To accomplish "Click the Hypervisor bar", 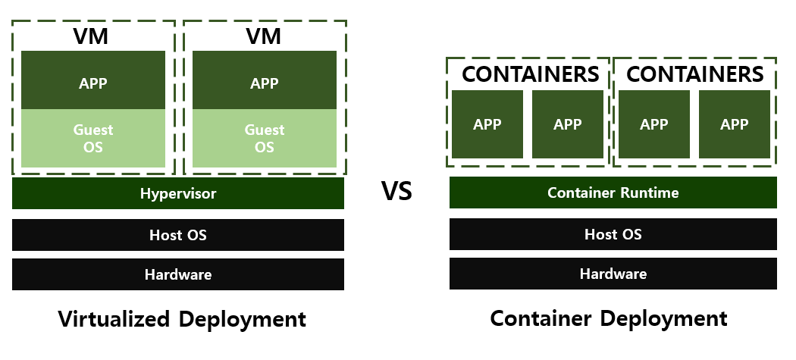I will tap(178, 193).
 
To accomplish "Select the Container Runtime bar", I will tap(613, 193).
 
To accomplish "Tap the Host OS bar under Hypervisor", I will tap(178, 235).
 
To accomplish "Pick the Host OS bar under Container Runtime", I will tap(613, 234).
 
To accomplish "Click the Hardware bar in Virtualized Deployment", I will tap(178, 274).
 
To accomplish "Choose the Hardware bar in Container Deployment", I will tap(613, 274).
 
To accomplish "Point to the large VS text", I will tap(396, 191).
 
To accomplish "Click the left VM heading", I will tap(92, 36).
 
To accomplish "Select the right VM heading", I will tap(264, 36).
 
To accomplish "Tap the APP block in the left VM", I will tap(92, 81).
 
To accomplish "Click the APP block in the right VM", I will tap(264, 81).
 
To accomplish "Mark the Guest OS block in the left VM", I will tap(92, 138).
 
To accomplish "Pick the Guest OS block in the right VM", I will tap(264, 138).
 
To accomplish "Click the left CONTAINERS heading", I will tap(530, 74).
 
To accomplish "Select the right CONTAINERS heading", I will tap(694, 74).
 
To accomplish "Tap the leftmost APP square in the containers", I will tap(487, 124).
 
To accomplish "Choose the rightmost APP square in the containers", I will tap(734, 124).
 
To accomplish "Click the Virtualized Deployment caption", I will tap(182, 318).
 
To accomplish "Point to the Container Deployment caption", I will tap(609, 318).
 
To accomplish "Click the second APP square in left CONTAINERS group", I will tap(568, 124).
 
